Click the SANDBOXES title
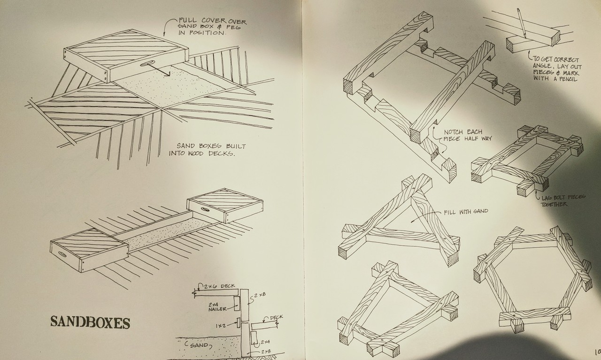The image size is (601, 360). (90, 322)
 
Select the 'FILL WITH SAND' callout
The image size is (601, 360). (465, 212)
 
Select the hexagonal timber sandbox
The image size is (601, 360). (532, 277)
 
